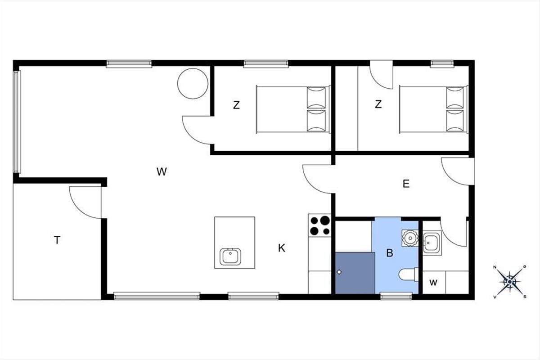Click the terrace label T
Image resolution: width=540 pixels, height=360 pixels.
click(x=57, y=240)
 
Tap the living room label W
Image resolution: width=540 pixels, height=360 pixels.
click(x=162, y=172)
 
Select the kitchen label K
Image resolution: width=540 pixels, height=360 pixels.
click(x=282, y=248)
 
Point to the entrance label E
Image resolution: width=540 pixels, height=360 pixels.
click(x=406, y=184)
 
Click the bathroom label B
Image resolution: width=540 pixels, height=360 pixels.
click(x=390, y=253)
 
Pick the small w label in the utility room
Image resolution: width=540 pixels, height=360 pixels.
click(x=433, y=283)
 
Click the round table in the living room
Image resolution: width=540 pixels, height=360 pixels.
click(x=193, y=83)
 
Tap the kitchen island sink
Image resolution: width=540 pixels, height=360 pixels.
click(x=230, y=256)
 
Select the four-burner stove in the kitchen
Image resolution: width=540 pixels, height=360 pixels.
click(x=320, y=225)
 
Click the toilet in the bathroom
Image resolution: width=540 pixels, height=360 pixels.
click(x=409, y=274)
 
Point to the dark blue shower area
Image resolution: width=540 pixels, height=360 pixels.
click(x=355, y=273)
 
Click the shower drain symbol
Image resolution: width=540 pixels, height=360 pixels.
click(x=339, y=272)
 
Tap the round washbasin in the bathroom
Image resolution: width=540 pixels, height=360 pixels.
click(x=410, y=238)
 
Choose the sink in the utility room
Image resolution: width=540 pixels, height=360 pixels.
click(x=432, y=243)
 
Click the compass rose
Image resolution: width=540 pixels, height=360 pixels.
click(x=509, y=282)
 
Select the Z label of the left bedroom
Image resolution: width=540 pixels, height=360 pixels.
click(x=236, y=105)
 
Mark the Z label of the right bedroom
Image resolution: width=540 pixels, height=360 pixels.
click(x=378, y=104)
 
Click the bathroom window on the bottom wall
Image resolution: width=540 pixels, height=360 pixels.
click(x=396, y=296)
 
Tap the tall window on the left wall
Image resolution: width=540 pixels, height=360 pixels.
click(x=17, y=122)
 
